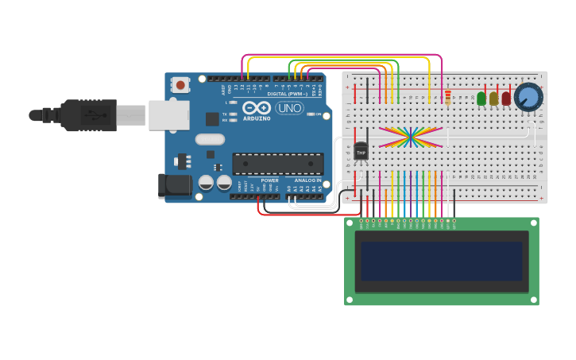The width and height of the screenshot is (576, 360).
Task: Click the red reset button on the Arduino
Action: [x=181, y=84]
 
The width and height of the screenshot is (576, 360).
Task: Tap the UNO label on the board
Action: [x=290, y=108]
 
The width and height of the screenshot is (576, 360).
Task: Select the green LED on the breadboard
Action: [x=481, y=99]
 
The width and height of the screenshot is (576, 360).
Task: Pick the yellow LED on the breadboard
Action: [x=493, y=99]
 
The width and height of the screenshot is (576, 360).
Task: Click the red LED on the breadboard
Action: [x=506, y=99]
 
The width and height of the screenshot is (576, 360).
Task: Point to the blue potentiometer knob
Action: [x=527, y=97]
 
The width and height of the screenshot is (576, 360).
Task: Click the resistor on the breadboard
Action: [x=447, y=97]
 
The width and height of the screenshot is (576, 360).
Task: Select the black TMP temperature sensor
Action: [x=361, y=149]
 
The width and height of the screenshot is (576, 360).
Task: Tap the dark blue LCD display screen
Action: [x=442, y=261]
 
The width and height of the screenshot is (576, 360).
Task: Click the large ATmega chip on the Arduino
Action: [x=277, y=164]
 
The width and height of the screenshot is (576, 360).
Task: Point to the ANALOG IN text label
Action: [x=308, y=180]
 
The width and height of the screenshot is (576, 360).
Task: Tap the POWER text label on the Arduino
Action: [x=269, y=180]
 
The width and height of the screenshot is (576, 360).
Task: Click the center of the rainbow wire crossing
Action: [x=411, y=137]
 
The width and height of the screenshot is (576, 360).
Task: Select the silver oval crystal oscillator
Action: [x=210, y=140]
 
